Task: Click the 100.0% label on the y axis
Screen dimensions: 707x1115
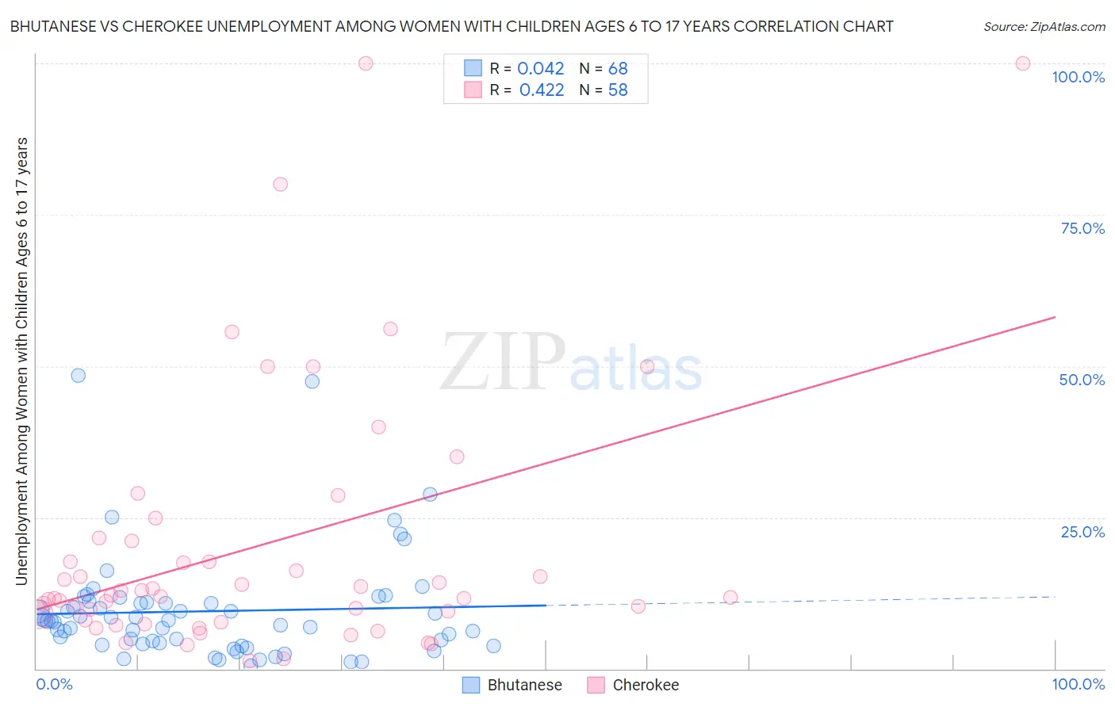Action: tap(1078, 77)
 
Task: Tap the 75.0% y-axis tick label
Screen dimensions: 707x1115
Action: tap(1082, 228)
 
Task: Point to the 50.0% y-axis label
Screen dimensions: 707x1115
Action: tap(1082, 380)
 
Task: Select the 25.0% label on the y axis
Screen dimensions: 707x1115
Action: tap(1082, 532)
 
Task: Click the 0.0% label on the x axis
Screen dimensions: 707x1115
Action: tap(54, 684)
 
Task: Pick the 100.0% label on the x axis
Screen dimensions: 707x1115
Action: tap(1078, 684)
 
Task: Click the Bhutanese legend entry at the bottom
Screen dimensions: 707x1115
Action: tap(524, 685)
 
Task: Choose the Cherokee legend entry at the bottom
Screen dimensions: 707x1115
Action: tap(646, 685)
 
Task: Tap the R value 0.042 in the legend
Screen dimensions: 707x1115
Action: tap(540, 69)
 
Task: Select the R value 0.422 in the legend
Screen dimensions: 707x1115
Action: tap(541, 90)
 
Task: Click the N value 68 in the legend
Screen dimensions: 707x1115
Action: tap(618, 69)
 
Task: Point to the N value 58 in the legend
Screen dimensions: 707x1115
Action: tap(618, 90)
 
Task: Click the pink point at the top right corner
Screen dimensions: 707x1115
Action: tap(1023, 63)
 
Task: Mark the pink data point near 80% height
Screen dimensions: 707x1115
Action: tap(280, 184)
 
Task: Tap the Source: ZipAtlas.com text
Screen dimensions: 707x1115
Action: tap(1044, 26)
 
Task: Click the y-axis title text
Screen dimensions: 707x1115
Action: tap(21, 361)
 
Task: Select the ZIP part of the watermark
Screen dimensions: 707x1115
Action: tap(502, 363)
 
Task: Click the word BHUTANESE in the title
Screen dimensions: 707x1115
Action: tap(52, 26)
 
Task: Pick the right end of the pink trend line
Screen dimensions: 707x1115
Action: tap(1055, 317)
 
